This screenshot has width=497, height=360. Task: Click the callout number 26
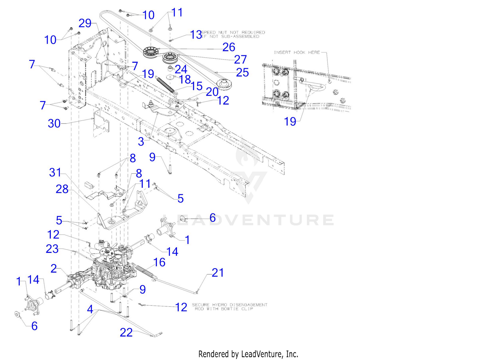229,47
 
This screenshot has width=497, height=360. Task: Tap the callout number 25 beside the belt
242,73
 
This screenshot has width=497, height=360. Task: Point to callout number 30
54,124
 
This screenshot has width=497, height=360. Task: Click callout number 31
55,173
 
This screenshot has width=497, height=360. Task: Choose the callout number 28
62,189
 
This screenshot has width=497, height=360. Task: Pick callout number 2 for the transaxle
54,269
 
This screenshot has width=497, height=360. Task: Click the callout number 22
126,332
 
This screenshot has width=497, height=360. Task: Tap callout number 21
218,273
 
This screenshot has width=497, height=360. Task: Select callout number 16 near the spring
159,263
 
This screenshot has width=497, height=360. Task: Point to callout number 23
52,249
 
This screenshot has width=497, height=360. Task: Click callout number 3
141,142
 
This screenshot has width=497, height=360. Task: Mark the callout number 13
196,34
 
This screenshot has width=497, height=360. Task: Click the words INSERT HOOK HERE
297,52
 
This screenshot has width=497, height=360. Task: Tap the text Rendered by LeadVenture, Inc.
248,354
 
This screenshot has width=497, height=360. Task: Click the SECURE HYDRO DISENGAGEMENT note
230,307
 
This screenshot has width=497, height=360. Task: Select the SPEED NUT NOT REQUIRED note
233,34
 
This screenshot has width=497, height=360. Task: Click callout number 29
85,23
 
